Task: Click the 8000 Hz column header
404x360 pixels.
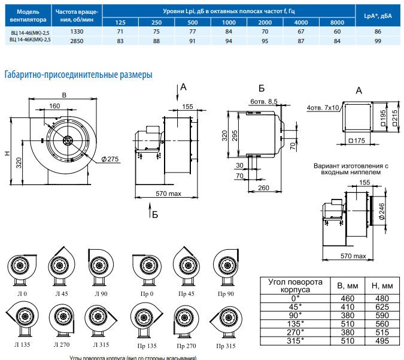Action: point(337,22)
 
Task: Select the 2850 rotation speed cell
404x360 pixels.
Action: point(77,40)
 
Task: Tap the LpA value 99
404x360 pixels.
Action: point(378,40)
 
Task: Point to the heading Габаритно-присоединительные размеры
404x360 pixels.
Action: point(78,74)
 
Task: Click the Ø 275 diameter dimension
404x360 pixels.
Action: point(111,158)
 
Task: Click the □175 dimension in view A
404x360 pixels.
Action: point(356,140)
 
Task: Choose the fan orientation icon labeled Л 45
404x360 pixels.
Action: point(62,263)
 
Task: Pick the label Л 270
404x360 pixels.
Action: point(62,346)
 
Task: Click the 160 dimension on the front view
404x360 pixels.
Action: point(54,106)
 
